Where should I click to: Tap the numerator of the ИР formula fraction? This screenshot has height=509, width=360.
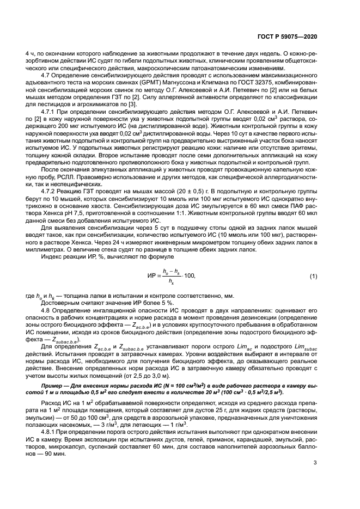pyautogui.click(x=170, y=271)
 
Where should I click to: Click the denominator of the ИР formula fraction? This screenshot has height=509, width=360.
pyautogui.click(x=170, y=283)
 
